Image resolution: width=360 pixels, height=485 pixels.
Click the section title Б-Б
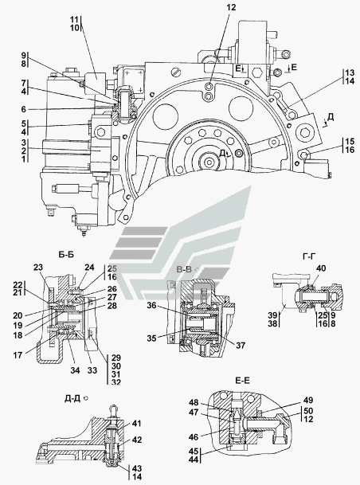[x=66, y=255]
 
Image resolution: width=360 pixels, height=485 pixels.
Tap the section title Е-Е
[x=242, y=380]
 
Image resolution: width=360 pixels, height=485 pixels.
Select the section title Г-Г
[x=309, y=256]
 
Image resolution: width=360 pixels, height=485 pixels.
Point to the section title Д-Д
[x=72, y=399]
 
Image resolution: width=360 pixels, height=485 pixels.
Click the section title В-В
[x=185, y=269]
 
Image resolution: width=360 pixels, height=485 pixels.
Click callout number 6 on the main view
[x=24, y=109]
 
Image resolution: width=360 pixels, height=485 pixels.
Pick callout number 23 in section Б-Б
[x=38, y=268]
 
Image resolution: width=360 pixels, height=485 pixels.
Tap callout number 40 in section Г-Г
[x=321, y=268]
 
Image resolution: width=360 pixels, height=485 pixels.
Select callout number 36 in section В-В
[x=151, y=306]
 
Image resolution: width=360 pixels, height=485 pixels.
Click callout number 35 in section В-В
[x=151, y=338]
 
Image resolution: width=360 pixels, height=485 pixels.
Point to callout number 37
[x=241, y=346]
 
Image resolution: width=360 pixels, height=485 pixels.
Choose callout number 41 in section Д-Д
[x=136, y=423]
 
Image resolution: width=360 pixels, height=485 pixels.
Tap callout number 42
[x=136, y=440]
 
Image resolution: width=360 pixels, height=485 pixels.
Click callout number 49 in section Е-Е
[x=308, y=400]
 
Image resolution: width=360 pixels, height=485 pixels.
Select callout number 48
[x=194, y=402]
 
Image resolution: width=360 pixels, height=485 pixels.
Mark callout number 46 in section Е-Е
[x=194, y=437]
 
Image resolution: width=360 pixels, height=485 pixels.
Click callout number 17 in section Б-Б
[x=18, y=355]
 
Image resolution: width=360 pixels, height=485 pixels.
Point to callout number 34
[x=75, y=370]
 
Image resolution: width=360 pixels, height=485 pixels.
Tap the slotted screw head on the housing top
[x=176, y=72]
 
